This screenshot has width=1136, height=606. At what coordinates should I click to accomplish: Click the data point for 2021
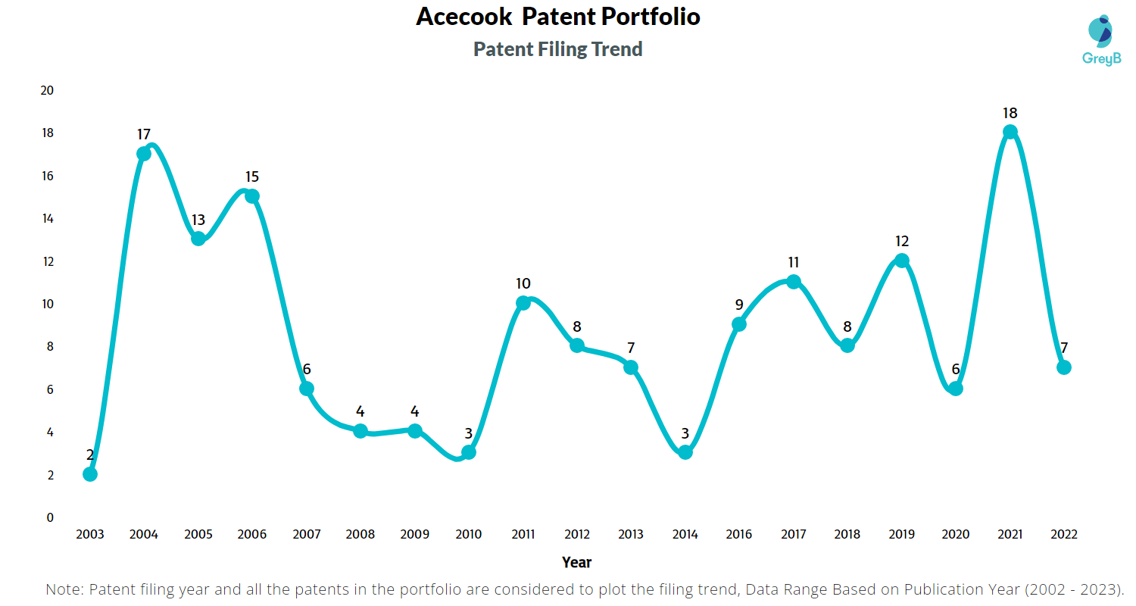point(1010,132)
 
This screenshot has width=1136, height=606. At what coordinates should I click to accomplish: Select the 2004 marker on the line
point(144,154)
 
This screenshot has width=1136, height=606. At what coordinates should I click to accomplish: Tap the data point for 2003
point(90,474)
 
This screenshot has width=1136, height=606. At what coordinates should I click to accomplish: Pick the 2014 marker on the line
point(685,452)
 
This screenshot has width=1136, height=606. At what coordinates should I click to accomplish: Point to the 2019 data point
point(901,261)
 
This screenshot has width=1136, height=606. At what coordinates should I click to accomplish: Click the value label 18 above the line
point(1010,113)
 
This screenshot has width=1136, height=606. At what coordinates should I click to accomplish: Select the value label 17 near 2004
point(144,134)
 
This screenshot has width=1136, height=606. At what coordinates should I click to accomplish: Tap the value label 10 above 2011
point(523,284)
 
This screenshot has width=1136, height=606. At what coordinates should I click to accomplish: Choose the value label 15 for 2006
point(252,176)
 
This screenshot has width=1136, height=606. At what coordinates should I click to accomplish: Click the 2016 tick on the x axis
point(739,534)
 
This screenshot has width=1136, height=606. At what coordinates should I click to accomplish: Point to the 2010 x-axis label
point(469,534)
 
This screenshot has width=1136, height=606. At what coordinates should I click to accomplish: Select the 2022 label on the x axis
point(1063,534)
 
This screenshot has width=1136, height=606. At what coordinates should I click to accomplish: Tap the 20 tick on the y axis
point(47,90)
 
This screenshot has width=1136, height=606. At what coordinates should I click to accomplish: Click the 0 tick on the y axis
point(50,517)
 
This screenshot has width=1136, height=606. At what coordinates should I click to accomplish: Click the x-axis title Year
point(577,562)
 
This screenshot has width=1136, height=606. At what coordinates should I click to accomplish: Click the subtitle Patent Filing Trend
point(558,49)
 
